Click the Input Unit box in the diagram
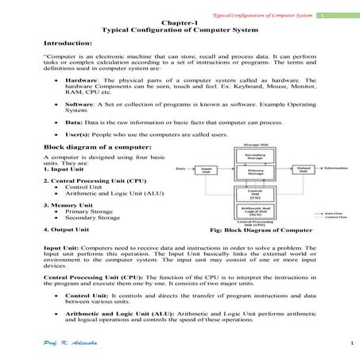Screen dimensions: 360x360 pos(206,169)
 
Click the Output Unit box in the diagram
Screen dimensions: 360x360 pos(304,169)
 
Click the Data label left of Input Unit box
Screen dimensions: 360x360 pos(180,168)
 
